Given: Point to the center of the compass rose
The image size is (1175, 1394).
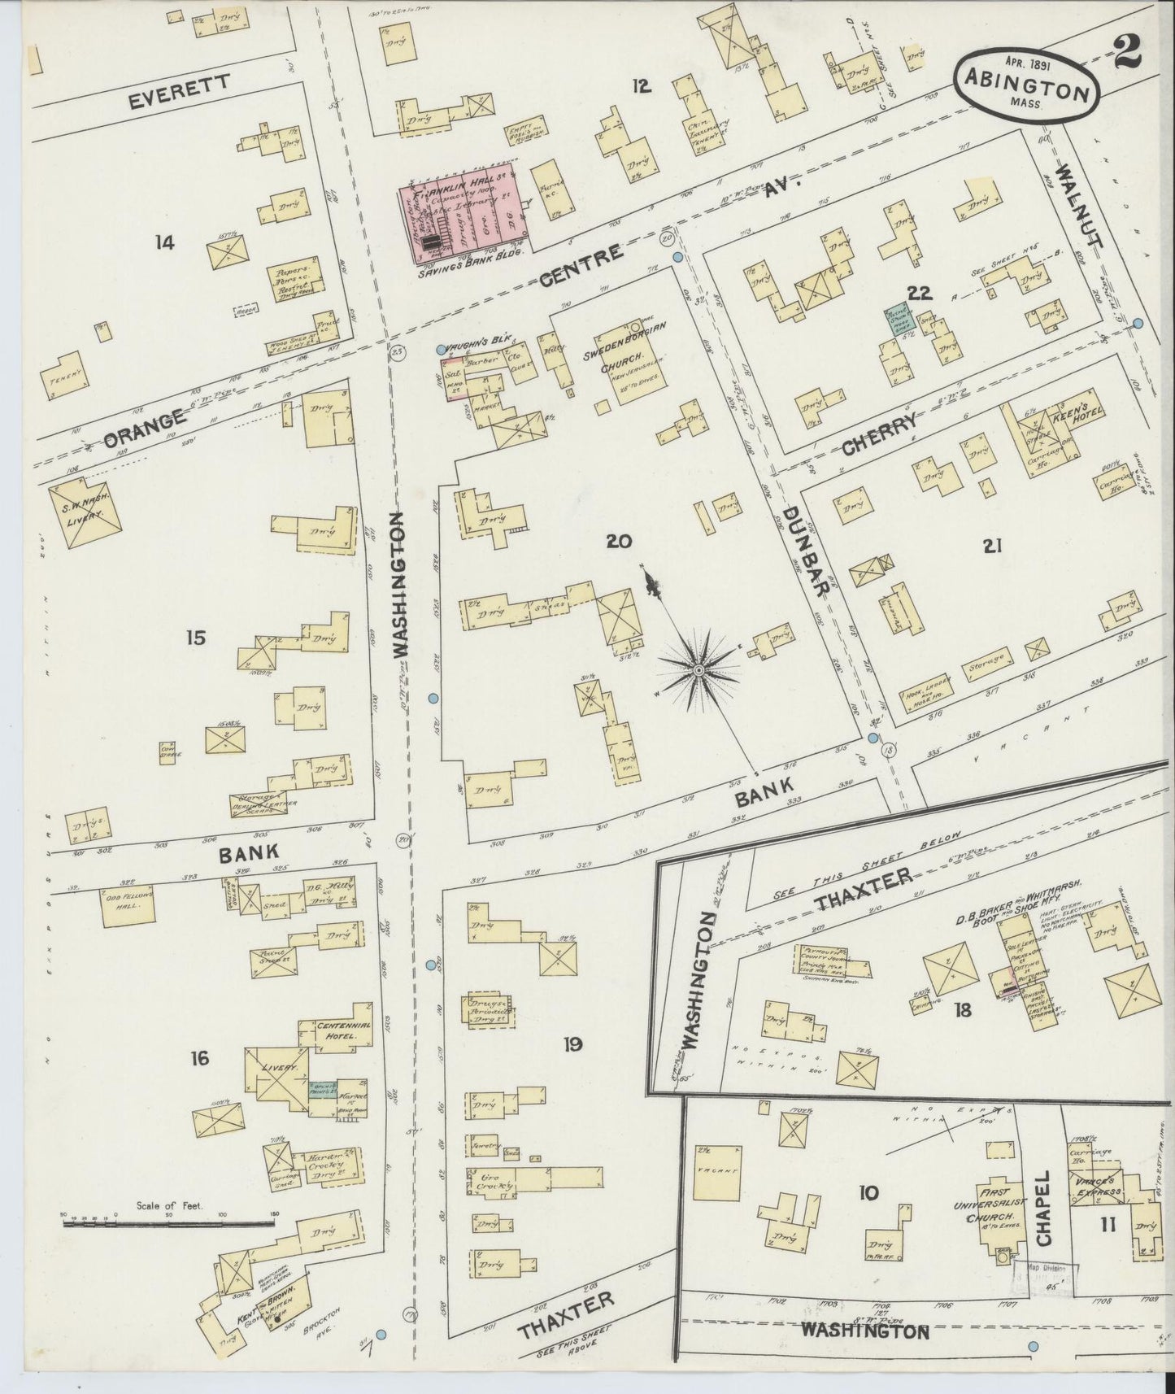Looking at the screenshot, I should click(698, 669).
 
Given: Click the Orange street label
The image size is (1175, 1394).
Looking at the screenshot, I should click(145, 430).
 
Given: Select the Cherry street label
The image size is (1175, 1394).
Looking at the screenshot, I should click(879, 433).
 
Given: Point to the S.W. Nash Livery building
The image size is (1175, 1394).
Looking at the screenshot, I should click(85, 511).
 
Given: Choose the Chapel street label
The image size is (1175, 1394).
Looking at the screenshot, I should click(1044, 1218).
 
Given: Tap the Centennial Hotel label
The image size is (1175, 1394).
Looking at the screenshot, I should click(343, 1029).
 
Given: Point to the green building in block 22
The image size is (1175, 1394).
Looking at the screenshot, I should click(899, 321).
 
